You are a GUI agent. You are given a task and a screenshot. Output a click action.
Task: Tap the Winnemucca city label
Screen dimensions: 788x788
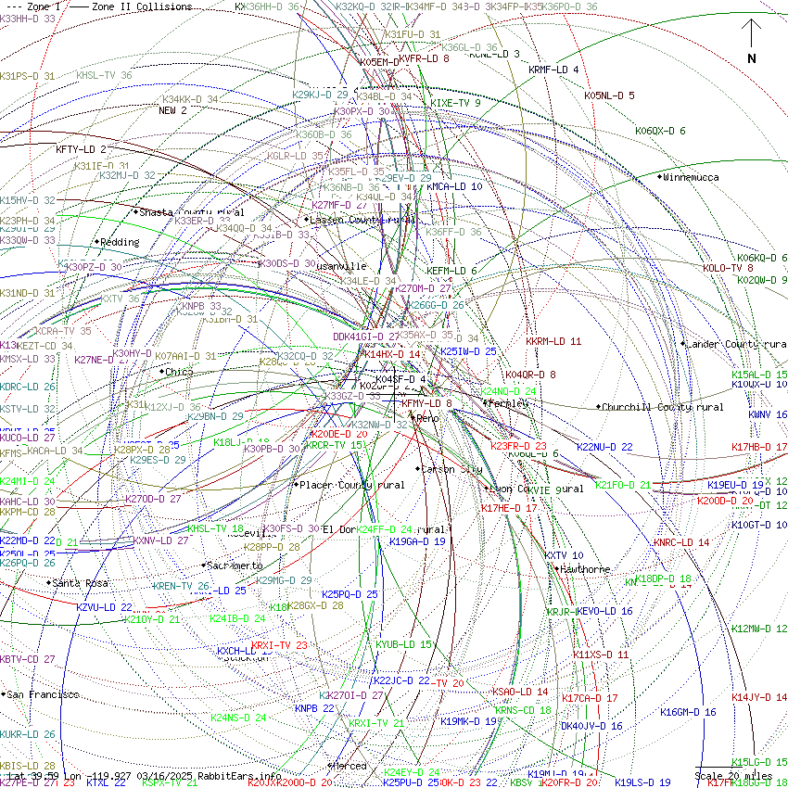[691, 177]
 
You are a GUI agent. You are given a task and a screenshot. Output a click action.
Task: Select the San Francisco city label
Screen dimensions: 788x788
[44, 694]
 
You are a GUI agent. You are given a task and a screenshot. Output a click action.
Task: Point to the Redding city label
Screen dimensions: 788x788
[120, 242]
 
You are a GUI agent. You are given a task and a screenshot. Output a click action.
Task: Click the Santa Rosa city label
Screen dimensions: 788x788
[80, 583]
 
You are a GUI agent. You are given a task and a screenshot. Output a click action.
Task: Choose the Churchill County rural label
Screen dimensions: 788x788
[662, 407]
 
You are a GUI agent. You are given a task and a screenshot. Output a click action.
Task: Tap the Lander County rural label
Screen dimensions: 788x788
[736, 344]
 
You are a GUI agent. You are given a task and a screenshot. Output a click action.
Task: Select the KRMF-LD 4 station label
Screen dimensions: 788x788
[553, 70]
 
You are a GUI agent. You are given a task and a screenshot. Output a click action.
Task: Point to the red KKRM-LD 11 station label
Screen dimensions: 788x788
[553, 341]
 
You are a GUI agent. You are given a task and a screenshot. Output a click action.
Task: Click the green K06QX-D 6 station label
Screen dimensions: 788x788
[660, 131]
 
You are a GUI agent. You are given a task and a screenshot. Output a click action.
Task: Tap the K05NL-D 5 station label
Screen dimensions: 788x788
[609, 95]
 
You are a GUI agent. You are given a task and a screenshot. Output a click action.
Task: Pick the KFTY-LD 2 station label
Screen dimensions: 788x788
[81, 149]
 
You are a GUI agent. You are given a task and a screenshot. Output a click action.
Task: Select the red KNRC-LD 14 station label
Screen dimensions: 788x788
[680, 542]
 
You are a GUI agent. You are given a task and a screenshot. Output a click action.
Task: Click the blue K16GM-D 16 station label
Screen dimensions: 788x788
[688, 712]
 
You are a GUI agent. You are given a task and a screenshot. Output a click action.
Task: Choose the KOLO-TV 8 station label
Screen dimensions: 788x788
[728, 268]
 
